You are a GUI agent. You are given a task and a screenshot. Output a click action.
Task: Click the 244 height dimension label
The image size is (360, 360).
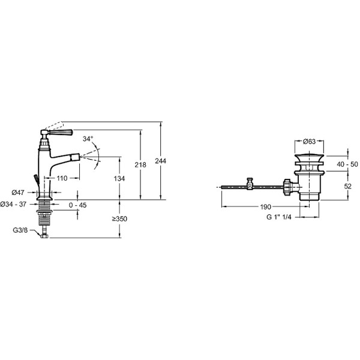pos(160,161)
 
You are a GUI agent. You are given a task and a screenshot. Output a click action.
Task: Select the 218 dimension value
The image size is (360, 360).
pos(140,164)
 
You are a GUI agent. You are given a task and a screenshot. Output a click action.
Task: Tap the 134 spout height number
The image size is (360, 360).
pos(119,178)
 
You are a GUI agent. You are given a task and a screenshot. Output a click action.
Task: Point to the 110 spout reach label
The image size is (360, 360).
pos(62,178)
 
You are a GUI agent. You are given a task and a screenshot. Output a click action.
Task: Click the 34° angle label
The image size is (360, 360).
pos(88,139)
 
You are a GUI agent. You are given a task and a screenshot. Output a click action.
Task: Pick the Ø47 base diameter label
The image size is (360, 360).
pos(18,193)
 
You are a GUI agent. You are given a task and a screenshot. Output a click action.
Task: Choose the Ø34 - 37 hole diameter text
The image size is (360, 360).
pos(13,204)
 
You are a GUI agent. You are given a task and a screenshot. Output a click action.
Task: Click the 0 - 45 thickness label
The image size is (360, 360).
pos(78,205)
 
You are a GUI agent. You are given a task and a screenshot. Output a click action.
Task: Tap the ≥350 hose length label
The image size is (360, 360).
pos(119,219)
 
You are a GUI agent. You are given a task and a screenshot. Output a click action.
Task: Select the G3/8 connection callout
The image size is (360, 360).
pos(20,230)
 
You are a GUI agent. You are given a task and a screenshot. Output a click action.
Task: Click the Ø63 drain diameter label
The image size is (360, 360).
pos(309,142)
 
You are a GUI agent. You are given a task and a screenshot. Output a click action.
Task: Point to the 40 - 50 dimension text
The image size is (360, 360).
pos(347,164)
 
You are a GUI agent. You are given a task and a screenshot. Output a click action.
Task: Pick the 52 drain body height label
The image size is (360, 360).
pos(348,186)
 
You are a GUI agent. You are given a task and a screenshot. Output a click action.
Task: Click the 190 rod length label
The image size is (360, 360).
pos(266,207)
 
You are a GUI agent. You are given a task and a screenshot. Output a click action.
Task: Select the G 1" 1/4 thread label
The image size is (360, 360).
pos(279,217)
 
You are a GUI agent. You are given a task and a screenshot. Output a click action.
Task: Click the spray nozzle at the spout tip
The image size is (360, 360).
pos(75,157)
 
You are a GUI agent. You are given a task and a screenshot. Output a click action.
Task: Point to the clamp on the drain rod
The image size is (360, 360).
pos(250,184)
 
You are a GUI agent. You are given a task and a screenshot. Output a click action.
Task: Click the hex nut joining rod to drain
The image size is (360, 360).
pos(287,187)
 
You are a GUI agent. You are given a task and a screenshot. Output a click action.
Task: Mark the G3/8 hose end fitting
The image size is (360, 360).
pos(44,236)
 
